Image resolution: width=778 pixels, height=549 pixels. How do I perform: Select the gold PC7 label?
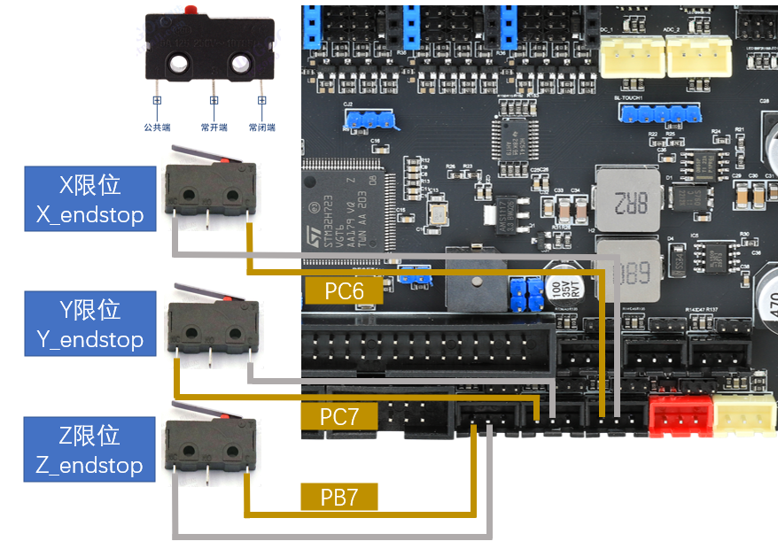pos(341,416)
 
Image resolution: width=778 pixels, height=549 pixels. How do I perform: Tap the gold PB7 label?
pos(340,497)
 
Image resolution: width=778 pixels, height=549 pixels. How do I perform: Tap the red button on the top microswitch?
pos(191,11)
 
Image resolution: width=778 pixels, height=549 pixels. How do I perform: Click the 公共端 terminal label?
pos(157,128)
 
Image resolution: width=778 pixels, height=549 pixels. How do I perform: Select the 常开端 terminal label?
pos(214,128)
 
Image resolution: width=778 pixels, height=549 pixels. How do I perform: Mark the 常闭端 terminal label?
pos(262,128)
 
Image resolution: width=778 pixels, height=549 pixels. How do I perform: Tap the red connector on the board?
pos(680,416)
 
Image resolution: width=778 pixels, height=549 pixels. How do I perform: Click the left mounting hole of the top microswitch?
pos(180,64)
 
